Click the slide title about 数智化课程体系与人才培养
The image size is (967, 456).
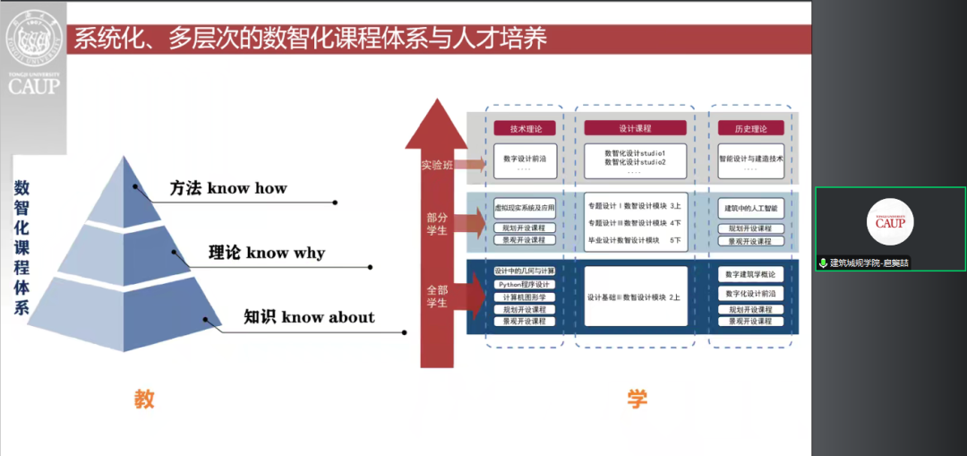[310, 39]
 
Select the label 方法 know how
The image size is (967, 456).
[228, 188]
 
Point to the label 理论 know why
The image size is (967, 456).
[266, 253]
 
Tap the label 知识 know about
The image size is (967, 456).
[309, 317]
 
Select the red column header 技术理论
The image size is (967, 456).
[525, 128]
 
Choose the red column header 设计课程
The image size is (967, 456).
[635, 128]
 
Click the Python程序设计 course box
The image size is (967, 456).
[525, 284]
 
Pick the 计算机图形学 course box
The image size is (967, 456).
[525, 297]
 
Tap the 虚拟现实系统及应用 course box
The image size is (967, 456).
[525, 208]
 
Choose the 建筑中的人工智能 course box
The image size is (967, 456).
[750, 208]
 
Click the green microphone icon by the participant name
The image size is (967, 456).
[823, 263]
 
